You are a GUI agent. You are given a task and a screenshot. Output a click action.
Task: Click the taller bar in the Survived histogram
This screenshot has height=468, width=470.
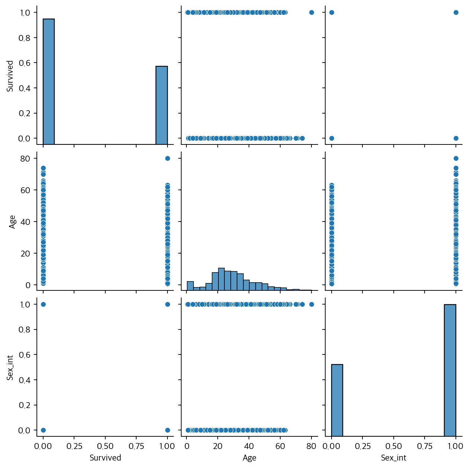point(48,81)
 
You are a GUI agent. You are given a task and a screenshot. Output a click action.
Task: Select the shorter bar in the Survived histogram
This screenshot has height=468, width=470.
point(162,105)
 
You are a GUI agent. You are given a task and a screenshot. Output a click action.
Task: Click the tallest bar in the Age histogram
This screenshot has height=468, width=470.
point(221,279)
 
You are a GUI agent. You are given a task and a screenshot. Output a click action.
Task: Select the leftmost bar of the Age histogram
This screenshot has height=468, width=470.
point(190,286)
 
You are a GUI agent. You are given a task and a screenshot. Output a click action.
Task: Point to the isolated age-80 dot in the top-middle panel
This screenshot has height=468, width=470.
point(311,12)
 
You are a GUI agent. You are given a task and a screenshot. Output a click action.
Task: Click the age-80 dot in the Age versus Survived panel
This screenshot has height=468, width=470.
point(167,158)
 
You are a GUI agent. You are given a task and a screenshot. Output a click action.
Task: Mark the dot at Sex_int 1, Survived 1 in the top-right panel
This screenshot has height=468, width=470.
point(455,12)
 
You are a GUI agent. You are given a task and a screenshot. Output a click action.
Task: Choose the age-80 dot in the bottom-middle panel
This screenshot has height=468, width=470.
point(311,304)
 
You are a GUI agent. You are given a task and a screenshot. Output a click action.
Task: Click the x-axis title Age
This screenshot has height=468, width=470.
point(249,458)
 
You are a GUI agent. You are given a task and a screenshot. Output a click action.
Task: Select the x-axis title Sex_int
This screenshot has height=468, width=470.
point(393,458)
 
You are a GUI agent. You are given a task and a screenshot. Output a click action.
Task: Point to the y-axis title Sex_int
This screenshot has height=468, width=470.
point(10,368)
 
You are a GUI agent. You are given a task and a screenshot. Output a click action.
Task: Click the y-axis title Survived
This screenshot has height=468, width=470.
point(10,76)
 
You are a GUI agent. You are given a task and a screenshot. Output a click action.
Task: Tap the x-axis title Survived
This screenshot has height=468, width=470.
point(105,458)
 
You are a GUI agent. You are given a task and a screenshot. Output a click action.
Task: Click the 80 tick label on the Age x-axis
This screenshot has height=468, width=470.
point(311,446)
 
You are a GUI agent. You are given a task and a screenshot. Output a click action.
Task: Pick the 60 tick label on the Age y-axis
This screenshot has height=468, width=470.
point(25,190)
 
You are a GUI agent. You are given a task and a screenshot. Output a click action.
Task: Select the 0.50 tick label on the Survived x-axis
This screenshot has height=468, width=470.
point(105,446)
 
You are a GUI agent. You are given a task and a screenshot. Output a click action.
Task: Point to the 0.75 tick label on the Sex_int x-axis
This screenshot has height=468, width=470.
point(424,446)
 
